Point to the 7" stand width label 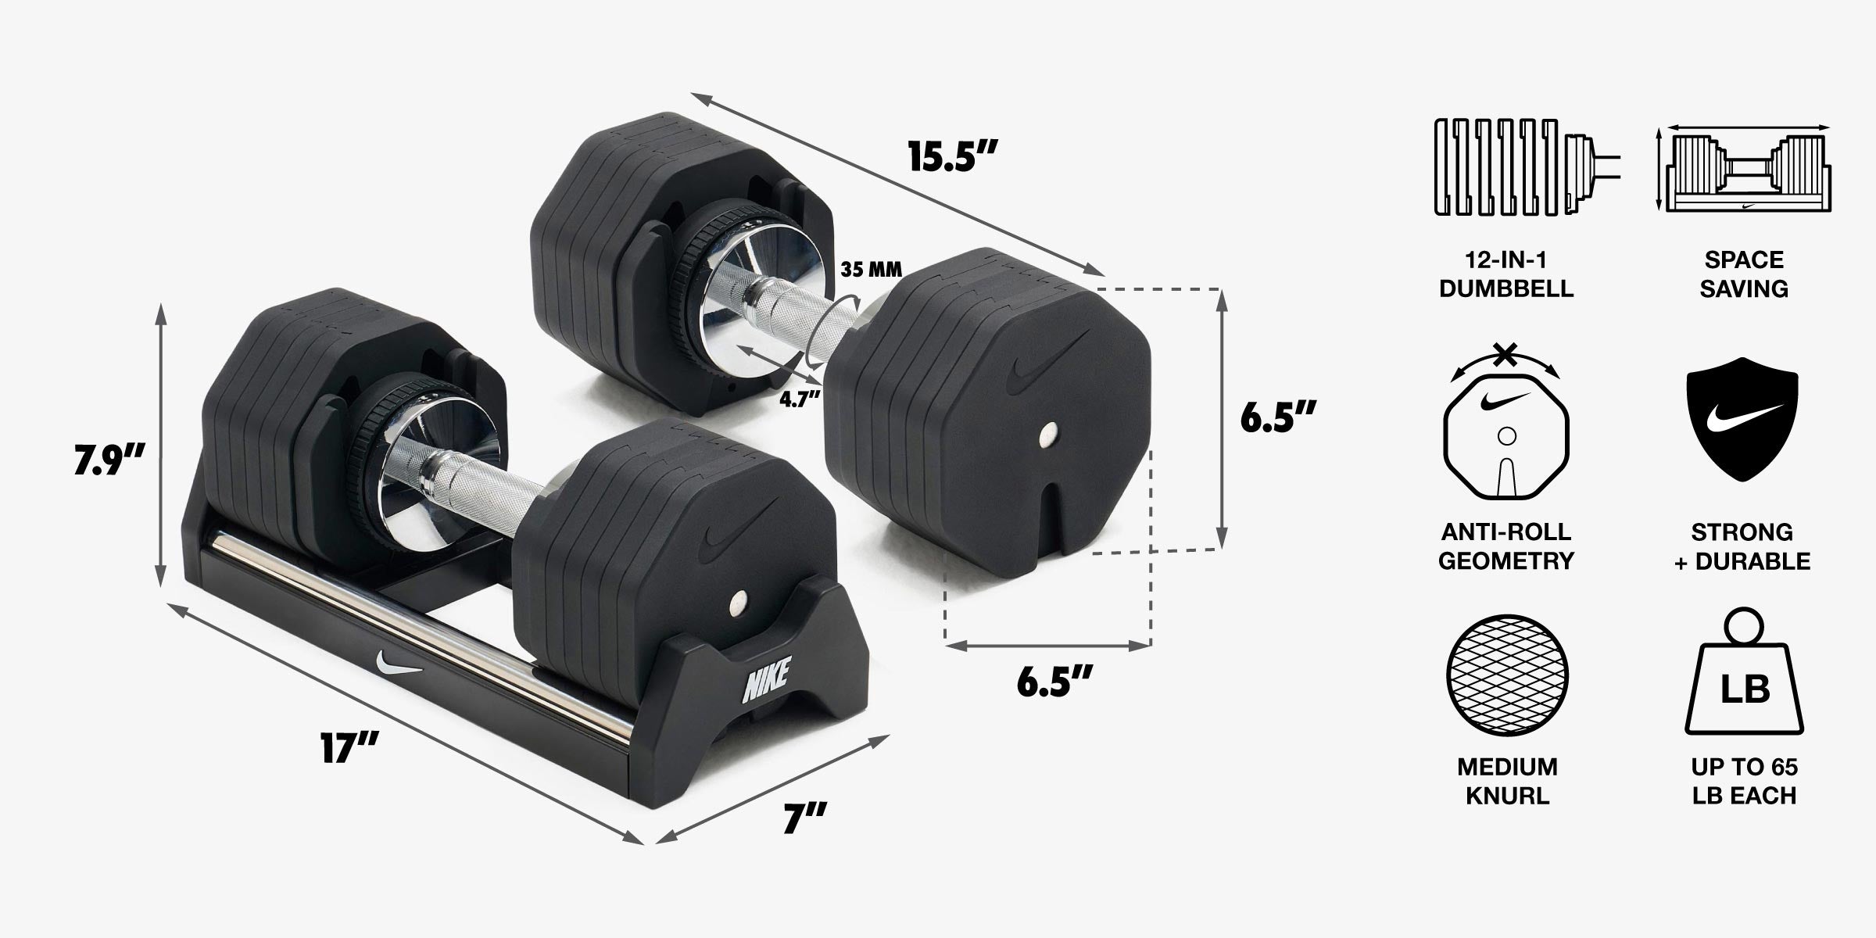click(x=805, y=819)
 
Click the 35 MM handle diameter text click(x=871, y=270)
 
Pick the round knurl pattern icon click(x=1508, y=675)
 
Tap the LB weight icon click(x=1745, y=677)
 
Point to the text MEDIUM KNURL click(x=1507, y=781)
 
